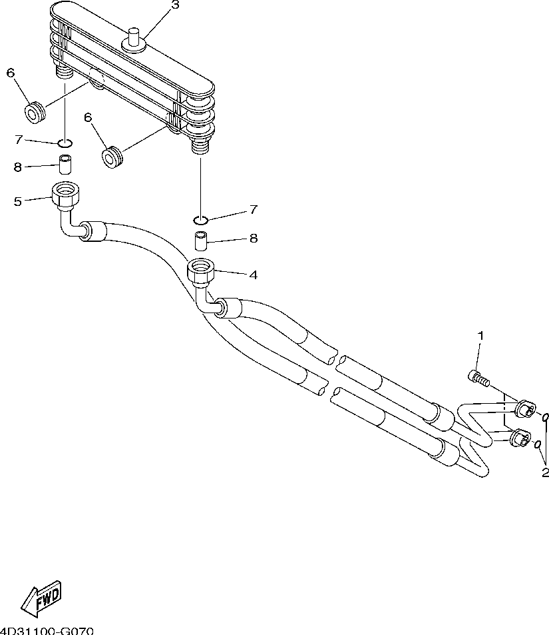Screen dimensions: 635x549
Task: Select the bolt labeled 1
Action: (x=479, y=378)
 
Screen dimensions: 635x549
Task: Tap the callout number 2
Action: (x=544, y=472)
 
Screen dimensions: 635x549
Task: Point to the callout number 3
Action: (x=175, y=5)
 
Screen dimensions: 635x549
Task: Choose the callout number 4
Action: (x=253, y=273)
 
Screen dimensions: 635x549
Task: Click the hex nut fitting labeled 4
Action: (x=200, y=271)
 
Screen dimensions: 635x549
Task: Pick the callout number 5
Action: (x=19, y=201)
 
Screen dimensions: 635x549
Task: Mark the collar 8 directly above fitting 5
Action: (x=65, y=164)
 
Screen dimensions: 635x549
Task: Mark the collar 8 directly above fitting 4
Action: (x=202, y=239)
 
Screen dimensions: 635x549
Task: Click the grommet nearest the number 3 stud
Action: (x=112, y=157)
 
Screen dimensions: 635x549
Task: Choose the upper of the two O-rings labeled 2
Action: (x=544, y=418)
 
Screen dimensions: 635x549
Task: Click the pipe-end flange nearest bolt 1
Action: (x=525, y=408)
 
